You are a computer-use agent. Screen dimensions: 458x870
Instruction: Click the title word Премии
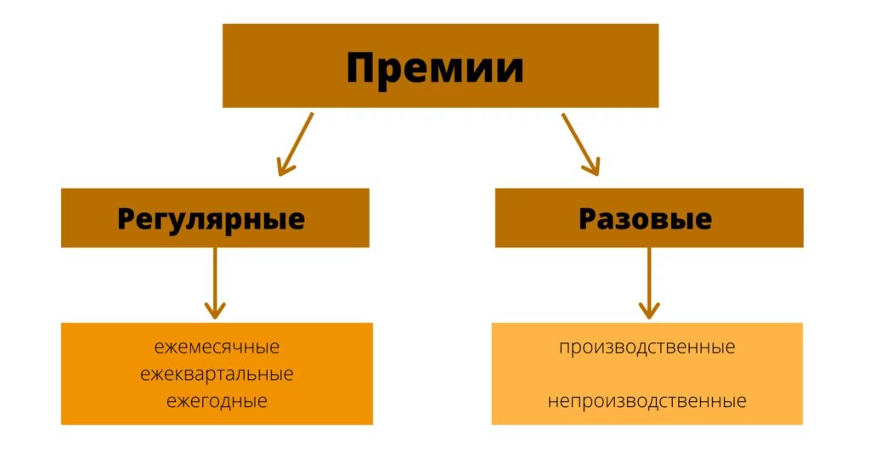(434, 68)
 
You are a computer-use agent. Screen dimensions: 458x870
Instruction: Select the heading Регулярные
(211, 219)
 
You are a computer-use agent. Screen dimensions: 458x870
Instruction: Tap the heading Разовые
(646, 219)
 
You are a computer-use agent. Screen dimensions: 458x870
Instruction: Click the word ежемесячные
(217, 348)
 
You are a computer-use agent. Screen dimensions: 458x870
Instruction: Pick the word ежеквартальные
(217, 374)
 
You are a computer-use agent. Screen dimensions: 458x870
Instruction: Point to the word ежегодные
(217, 400)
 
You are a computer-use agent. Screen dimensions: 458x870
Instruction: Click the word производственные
(647, 348)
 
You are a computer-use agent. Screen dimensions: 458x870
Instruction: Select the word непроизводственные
(647, 400)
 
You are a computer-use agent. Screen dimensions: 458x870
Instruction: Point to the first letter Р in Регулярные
(127, 219)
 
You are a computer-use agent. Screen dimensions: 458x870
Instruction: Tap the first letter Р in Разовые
(589, 219)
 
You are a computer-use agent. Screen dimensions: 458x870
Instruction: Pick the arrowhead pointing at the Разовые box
(592, 166)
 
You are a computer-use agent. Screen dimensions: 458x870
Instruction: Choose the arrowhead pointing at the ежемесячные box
(215, 309)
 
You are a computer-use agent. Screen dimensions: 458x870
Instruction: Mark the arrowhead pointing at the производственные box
(649, 309)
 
